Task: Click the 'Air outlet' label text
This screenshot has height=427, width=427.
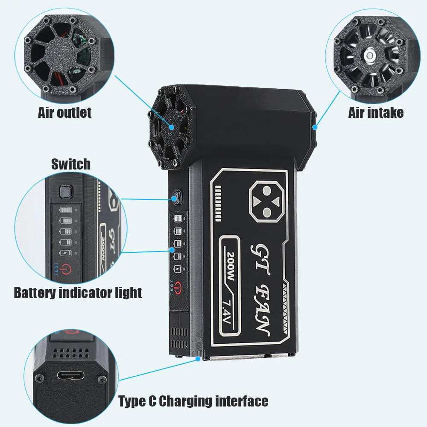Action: (x=64, y=113)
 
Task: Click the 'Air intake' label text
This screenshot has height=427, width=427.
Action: (x=376, y=113)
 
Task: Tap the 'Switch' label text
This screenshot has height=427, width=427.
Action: (x=71, y=164)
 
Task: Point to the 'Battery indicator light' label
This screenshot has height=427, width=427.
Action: (x=78, y=293)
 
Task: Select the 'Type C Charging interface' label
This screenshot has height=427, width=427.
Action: (x=193, y=401)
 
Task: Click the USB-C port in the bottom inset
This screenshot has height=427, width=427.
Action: (x=70, y=376)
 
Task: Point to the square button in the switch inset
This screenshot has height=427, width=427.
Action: (x=65, y=192)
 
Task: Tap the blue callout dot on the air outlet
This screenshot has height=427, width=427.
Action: (x=172, y=127)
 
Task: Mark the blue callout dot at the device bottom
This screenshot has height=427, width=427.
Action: (x=198, y=359)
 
